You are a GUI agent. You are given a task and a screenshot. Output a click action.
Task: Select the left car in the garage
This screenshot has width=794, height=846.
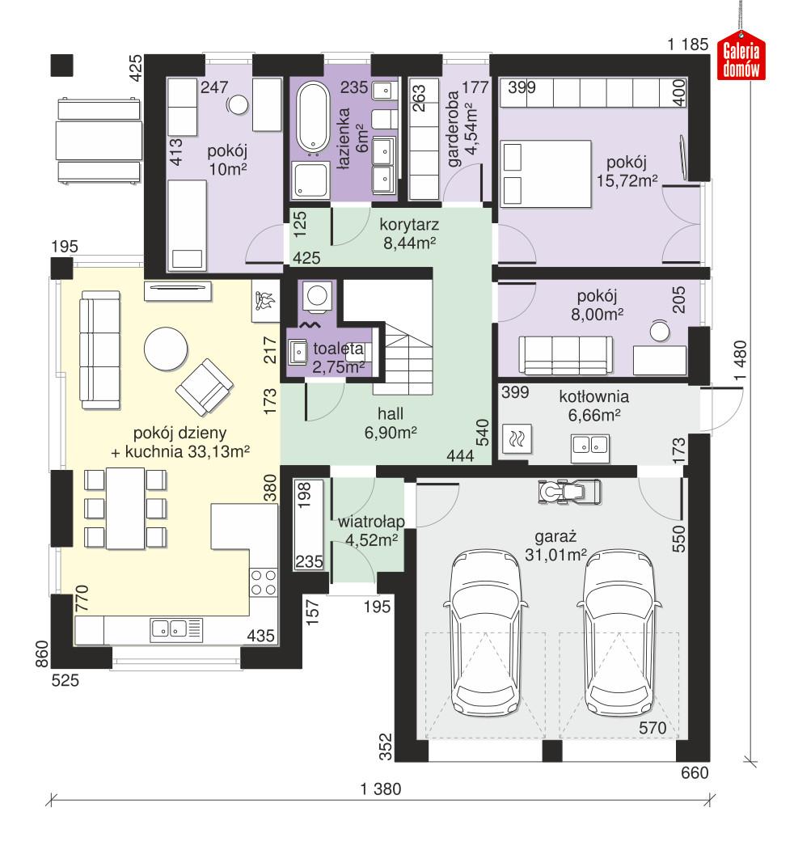485,631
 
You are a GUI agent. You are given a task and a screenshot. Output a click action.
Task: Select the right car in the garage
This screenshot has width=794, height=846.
619,631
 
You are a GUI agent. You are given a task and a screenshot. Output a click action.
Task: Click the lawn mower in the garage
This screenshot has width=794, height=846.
569,490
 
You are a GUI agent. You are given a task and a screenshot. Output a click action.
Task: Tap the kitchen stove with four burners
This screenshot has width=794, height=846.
263,581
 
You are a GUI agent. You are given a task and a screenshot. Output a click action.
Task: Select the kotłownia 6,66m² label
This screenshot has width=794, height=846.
593,406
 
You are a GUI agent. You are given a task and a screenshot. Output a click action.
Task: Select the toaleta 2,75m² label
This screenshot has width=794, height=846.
338,358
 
